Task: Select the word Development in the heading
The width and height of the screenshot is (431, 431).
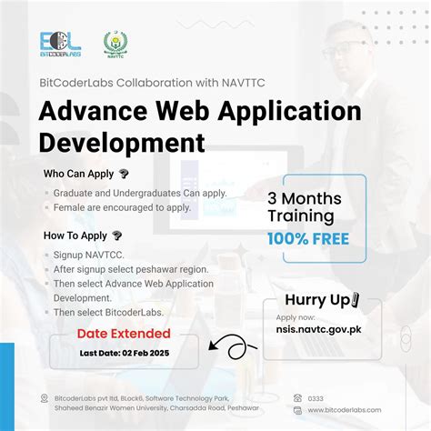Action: [123, 143]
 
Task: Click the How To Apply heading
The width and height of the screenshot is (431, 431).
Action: [75, 236]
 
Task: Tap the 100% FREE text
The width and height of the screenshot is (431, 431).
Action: [308, 239]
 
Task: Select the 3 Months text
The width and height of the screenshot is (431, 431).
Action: [305, 197]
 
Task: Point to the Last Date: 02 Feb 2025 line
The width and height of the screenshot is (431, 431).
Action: [125, 353]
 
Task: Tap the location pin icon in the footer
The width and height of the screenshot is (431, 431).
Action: [45, 398]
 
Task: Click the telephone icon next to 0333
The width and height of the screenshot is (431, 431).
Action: [298, 397]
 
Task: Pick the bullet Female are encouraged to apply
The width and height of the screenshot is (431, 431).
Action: [122, 207]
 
